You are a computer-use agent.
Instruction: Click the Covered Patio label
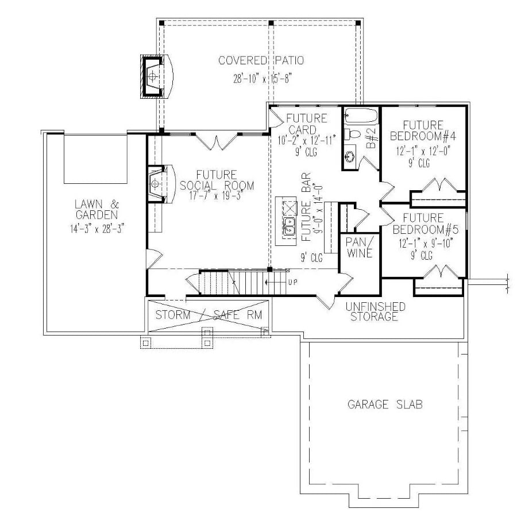[261, 60]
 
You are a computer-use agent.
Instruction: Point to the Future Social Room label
[217, 180]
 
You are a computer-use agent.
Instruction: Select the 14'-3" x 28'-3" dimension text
[96, 228]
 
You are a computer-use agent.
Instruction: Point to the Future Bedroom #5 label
[423, 223]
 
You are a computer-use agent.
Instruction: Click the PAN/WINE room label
[359, 246]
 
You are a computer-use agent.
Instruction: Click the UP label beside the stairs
[292, 282]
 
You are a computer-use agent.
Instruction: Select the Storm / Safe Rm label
[209, 314]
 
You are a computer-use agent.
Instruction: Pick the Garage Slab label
[385, 404]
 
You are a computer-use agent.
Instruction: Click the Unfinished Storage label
[376, 311]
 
